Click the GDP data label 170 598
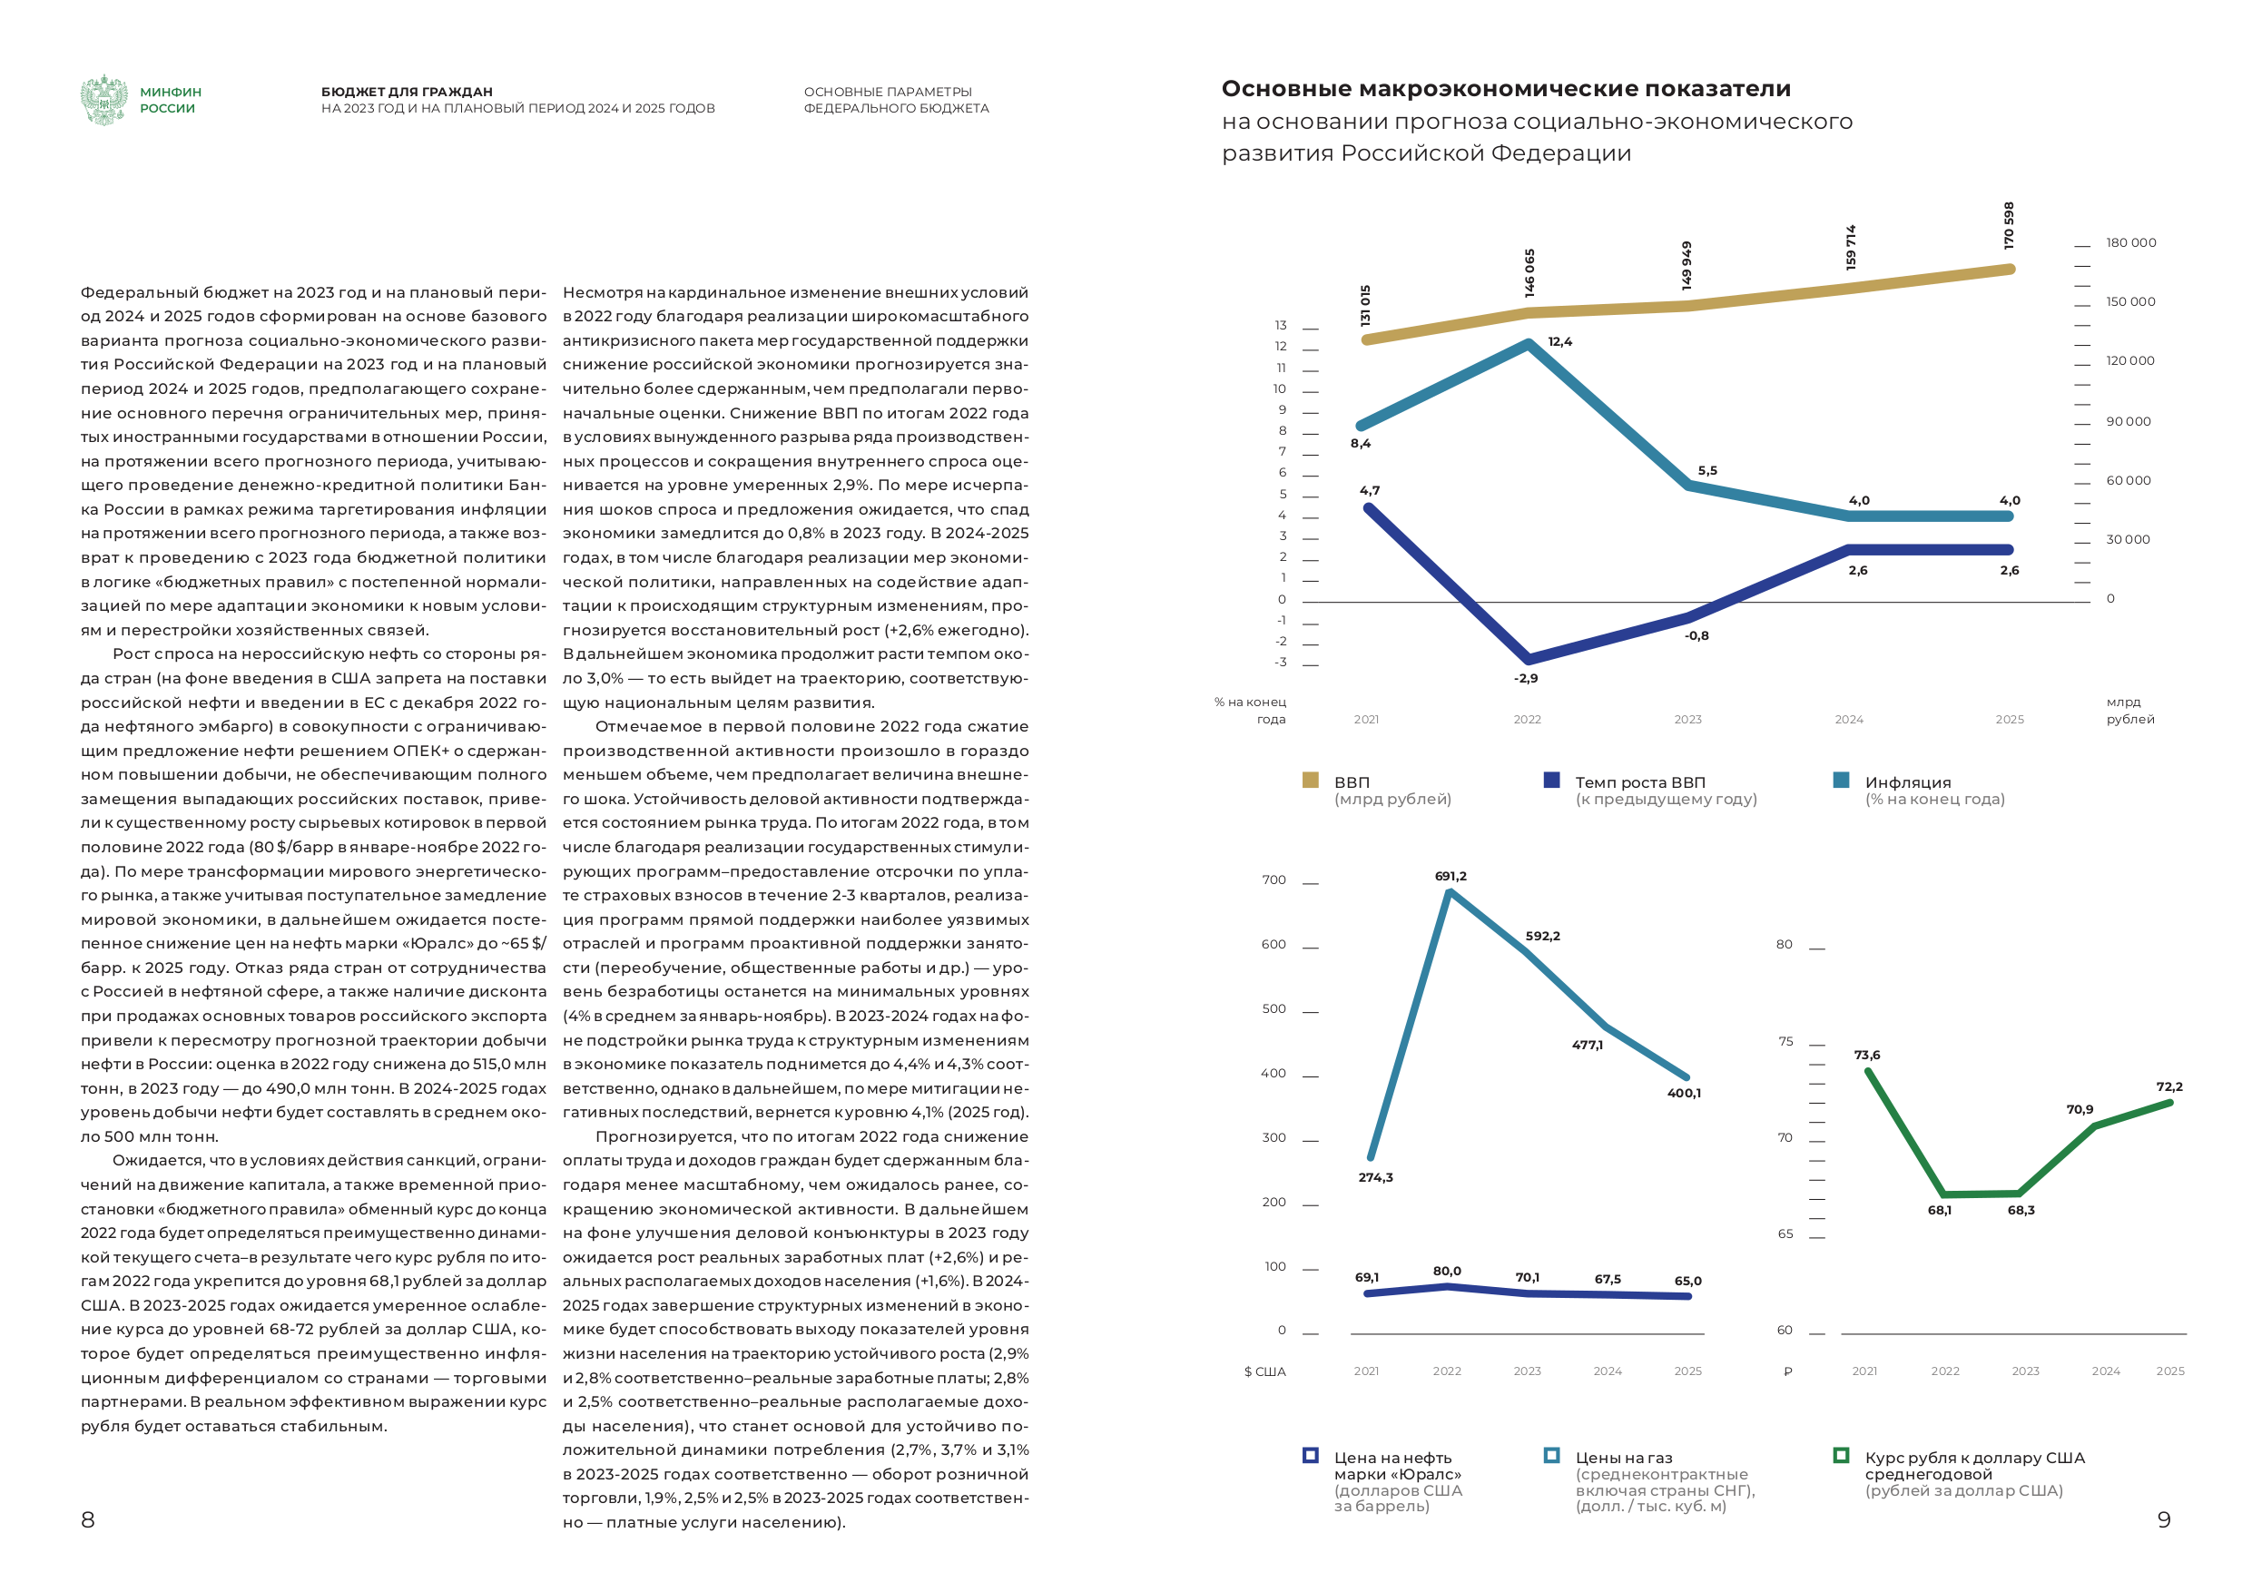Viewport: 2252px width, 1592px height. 2009,226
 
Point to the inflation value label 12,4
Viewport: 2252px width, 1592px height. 1559,342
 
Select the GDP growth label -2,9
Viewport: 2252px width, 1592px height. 1526,679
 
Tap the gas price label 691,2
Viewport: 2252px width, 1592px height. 1451,877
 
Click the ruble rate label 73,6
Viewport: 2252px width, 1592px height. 1867,1056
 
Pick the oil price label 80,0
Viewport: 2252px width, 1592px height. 1447,1272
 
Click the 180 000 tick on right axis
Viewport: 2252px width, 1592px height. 2130,243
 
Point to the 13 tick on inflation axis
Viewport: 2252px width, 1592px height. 1281,326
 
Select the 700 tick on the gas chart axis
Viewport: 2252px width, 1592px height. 1274,880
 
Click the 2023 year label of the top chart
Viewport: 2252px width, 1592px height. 1688,720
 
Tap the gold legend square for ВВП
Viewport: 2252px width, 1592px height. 1311,781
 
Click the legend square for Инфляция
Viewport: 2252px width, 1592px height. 1841,781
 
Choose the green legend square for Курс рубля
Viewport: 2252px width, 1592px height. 1841,1456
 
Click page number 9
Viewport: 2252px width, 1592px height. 2164,1520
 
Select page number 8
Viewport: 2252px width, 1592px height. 87,1520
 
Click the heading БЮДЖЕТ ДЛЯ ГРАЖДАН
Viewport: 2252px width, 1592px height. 407,93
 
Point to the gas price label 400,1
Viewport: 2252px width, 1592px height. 1684,1094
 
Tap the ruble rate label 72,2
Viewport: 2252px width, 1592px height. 2169,1086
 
